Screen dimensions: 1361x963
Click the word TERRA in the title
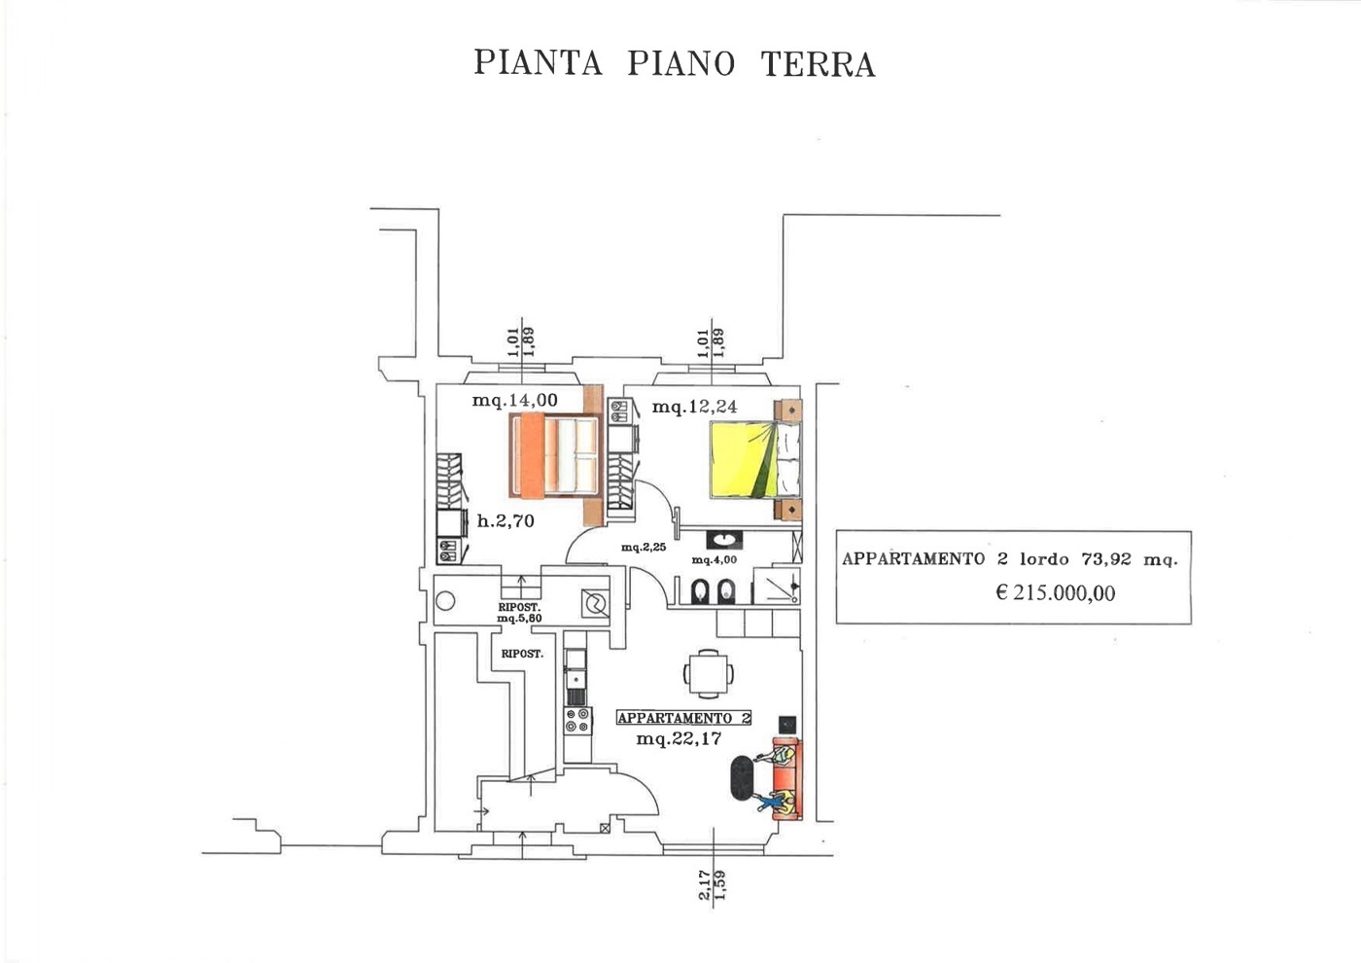click(x=818, y=64)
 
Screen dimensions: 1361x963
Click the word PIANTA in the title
click(x=538, y=62)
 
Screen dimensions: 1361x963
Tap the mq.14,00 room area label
click(x=514, y=400)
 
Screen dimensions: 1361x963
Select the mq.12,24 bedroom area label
click(x=694, y=407)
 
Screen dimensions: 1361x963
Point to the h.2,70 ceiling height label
click(x=506, y=520)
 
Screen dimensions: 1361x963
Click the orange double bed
click(x=555, y=455)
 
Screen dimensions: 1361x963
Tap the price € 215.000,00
click(x=1056, y=592)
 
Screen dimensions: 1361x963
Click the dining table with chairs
click(x=708, y=673)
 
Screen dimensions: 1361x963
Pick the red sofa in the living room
click(x=787, y=779)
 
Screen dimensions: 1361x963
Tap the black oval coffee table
click(x=743, y=779)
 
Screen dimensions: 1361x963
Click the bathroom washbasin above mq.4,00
click(x=723, y=540)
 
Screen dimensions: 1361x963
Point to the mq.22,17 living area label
click(x=679, y=738)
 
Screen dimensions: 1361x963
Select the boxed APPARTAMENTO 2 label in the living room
click(x=684, y=718)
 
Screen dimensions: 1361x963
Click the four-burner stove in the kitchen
click(x=577, y=721)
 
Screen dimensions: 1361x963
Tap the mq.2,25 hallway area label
click(x=644, y=547)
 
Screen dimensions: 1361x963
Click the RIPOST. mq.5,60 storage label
click(x=519, y=612)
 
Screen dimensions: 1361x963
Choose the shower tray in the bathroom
click(x=777, y=586)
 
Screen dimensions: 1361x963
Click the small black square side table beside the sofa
click(x=787, y=724)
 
